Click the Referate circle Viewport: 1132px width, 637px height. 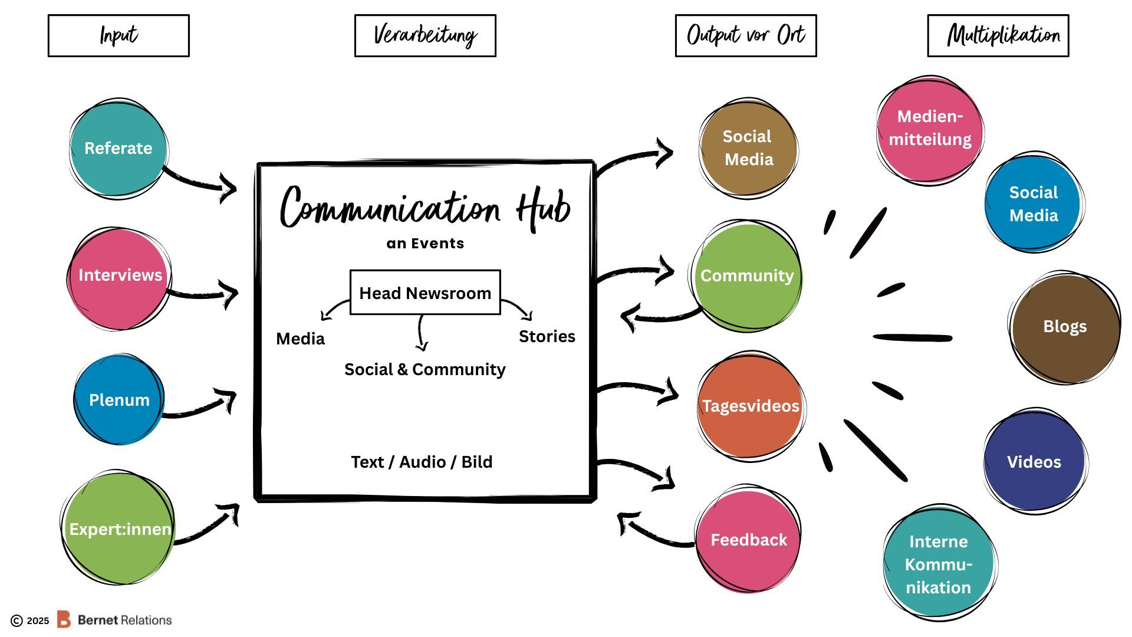[118, 149]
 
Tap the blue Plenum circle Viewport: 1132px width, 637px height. [119, 400]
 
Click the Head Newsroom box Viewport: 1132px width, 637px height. [424, 293]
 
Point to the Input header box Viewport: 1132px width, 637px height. [119, 36]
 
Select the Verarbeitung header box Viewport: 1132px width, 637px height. [424, 36]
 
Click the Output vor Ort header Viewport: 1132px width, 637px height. [745, 36]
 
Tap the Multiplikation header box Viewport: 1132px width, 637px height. [998, 36]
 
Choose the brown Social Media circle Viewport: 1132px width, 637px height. [748, 149]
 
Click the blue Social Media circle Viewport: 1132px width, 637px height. [1033, 203]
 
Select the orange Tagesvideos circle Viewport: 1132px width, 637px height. [750, 406]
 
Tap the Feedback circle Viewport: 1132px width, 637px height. [748, 539]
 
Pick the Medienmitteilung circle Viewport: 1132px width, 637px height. [930, 129]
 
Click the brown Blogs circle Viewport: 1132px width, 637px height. [1065, 327]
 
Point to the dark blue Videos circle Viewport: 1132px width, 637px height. [1034, 461]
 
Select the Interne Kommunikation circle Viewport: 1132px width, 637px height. [939, 563]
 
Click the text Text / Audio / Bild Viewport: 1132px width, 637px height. [422, 462]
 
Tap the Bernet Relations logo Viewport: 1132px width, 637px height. [114, 620]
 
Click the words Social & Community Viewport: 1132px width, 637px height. [424, 369]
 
